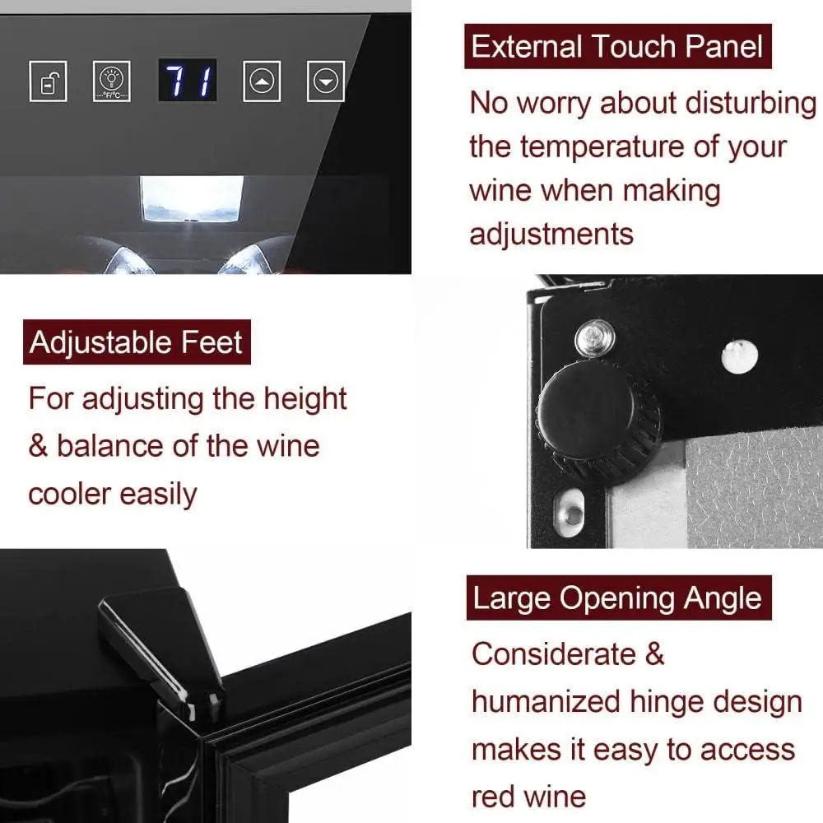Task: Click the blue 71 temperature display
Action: coord(188,81)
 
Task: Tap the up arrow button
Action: coord(262,81)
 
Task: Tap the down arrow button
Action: coord(326,81)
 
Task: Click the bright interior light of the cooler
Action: coord(191,198)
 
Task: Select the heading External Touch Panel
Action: coord(617,47)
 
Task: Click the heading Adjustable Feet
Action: coord(136,342)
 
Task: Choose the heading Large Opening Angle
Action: coord(617,598)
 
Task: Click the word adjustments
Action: coord(551,234)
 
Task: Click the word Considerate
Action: coord(553,654)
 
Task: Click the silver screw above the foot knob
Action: coord(594,337)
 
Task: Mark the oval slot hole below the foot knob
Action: coord(570,511)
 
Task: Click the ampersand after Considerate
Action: coord(655,654)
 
